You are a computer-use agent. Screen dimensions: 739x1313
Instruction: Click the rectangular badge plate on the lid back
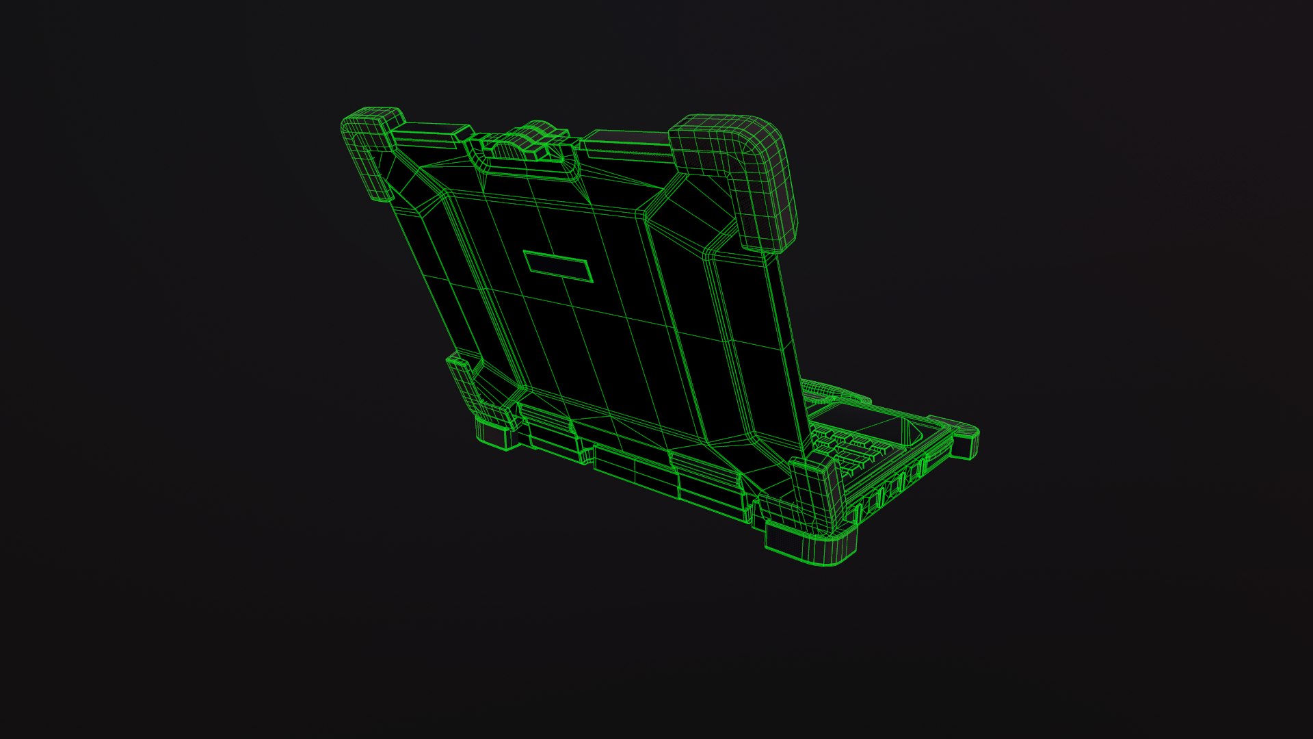coord(557,265)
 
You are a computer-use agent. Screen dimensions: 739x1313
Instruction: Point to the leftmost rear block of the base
coord(551,438)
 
